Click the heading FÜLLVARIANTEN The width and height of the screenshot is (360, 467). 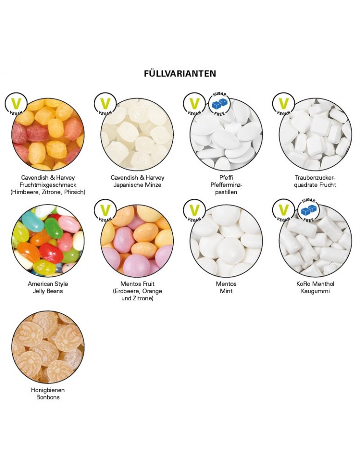coord(180,74)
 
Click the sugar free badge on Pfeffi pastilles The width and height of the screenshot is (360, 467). coord(219,104)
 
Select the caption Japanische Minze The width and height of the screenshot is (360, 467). coord(137,185)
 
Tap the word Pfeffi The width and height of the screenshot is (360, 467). coord(227,178)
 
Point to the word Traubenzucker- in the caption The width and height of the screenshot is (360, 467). coord(316,178)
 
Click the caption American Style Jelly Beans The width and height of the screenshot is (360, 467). coord(48,288)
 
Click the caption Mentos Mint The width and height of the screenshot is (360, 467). coord(227,288)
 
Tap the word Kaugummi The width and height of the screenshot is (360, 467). coord(316,291)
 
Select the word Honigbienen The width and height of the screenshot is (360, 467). coord(48,390)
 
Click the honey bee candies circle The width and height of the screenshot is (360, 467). coord(48,348)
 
